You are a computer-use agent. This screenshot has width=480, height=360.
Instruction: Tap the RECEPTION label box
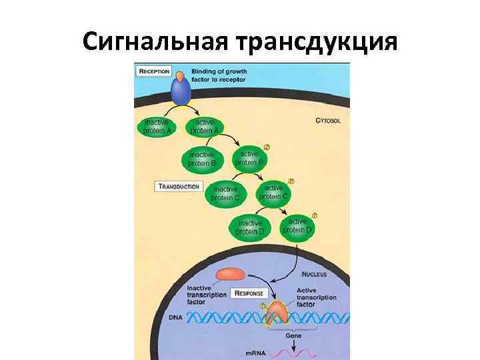pyautogui.click(x=153, y=71)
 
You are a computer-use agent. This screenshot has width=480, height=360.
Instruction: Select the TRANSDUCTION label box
pyautogui.click(x=179, y=186)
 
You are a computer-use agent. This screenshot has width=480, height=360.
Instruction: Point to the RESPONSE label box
pyautogui.click(x=248, y=293)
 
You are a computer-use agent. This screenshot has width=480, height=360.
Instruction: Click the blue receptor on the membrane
pyautogui.click(x=180, y=90)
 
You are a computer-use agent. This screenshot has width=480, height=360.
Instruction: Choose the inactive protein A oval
pyautogui.click(x=158, y=127)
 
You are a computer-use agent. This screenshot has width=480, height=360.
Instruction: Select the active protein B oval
pyautogui.click(x=251, y=159)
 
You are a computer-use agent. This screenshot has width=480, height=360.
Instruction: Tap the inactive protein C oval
pyautogui.click(x=228, y=193)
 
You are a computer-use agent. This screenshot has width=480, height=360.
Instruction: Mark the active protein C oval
pyautogui.click(x=274, y=192)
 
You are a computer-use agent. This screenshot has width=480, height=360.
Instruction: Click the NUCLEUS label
pyautogui.click(x=315, y=273)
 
